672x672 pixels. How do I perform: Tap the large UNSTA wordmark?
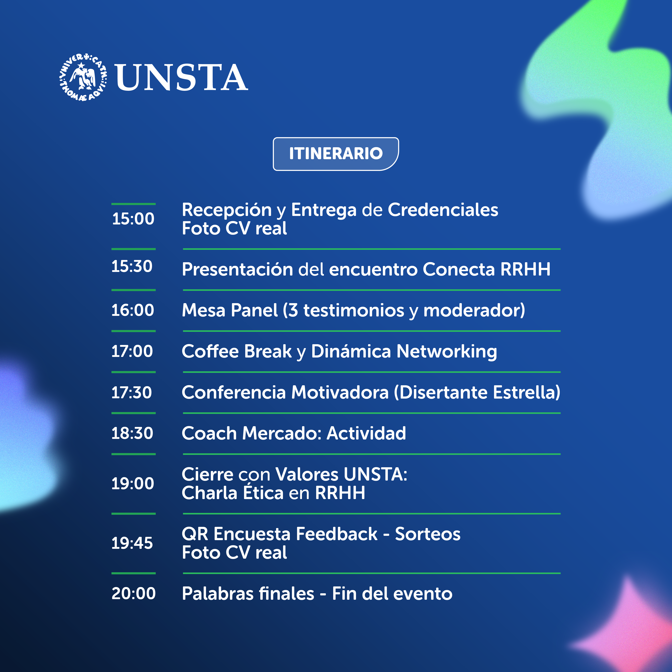[182, 78]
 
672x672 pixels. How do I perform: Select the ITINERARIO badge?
[336, 154]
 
